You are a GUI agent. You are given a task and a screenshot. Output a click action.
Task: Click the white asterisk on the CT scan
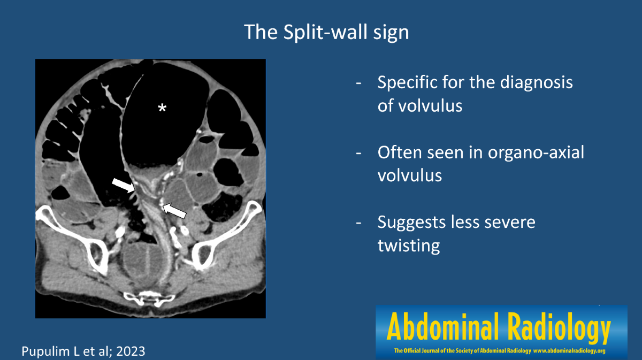coord(162,108)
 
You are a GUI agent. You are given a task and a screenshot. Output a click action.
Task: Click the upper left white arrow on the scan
coord(124,185)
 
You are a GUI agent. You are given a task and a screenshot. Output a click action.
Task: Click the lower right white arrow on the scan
coord(174,211)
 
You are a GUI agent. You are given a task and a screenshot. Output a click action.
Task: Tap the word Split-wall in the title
coord(326,32)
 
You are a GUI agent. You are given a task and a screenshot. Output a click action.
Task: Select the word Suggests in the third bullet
coord(412,223)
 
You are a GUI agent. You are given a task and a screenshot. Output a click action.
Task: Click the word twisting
coord(409,246)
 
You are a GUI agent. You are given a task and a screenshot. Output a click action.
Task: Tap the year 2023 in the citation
coord(131,351)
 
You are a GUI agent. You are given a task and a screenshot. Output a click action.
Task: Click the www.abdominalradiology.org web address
coord(569,351)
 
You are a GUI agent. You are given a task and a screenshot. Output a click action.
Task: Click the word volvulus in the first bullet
coord(419,105)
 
